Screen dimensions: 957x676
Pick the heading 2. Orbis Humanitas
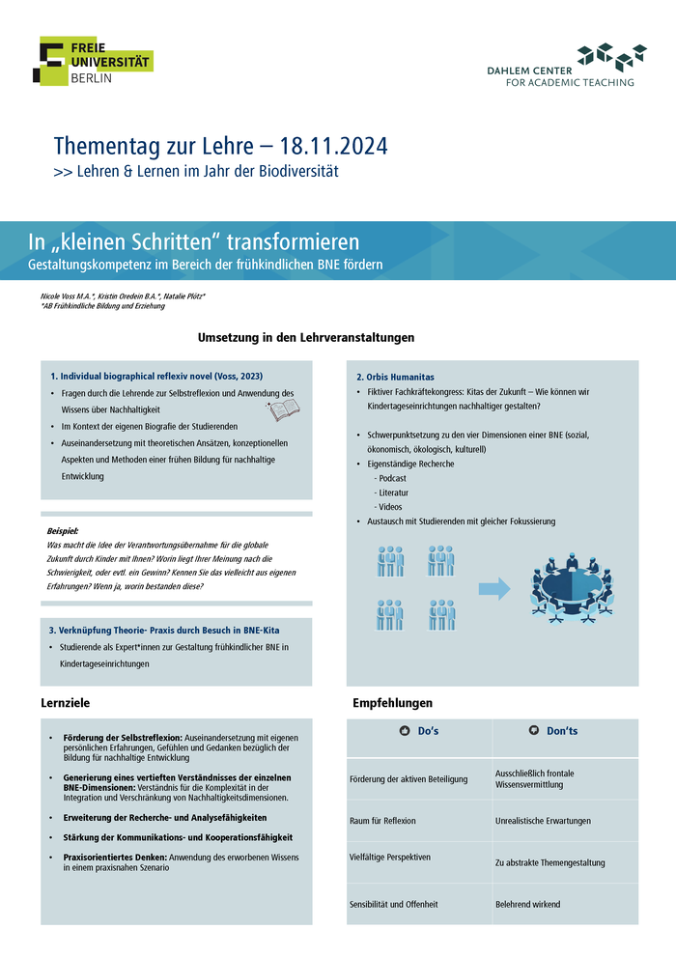pyautogui.click(x=395, y=376)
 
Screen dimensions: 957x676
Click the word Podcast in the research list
pyautogui.click(x=393, y=478)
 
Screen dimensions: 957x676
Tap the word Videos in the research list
pyautogui.click(x=390, y=507)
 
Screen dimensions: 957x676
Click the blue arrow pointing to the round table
pyautogui.click(x=494, y=588)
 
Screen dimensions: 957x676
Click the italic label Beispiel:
pyautogui.click(x=62, y=531)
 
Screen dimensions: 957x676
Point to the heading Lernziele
pyautogui.click(x=65, y=702)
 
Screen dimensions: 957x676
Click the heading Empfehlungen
pyautogui.click(x=392, y=702)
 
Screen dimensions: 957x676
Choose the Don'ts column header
pyautogui.click(x=554, y=731)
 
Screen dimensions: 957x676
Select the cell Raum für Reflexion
pyautogui.click(x=382, y=821)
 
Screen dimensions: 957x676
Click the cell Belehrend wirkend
pyautogui.click(x=527, y=905)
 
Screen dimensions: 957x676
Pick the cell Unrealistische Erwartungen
pyautogui.click(x=543, y=821)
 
